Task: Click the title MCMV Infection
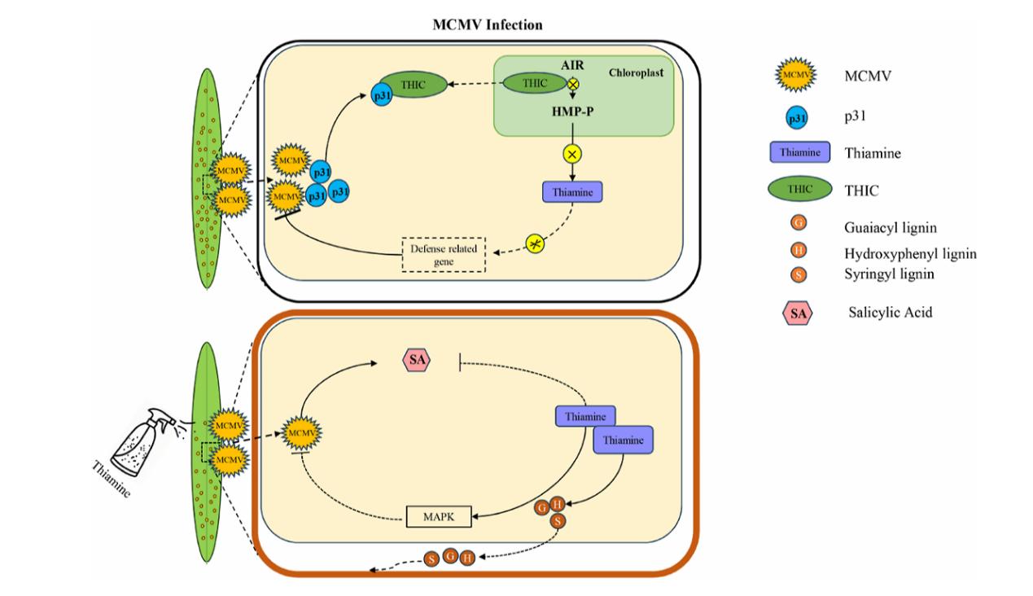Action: (x=487, y=25)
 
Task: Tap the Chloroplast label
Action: (x=638, y=73)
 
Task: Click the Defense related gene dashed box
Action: (x=444, y=255)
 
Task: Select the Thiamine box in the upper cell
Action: (x=572, y=192)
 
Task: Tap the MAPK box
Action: (x=440, y=516)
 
